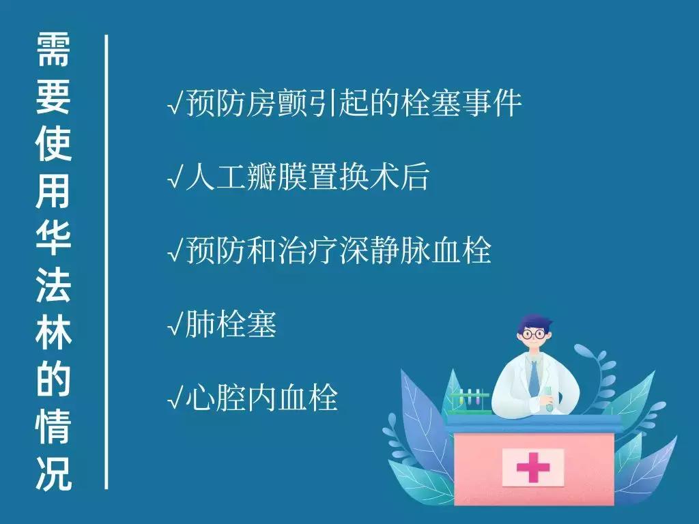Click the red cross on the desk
point(533,467)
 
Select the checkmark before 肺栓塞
point(175,327)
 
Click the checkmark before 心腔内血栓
point(175,398)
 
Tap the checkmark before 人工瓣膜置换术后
point(175,179)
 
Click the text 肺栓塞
point(231,325)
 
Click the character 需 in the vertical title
point(53,51)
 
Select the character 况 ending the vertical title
point(53,475)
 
